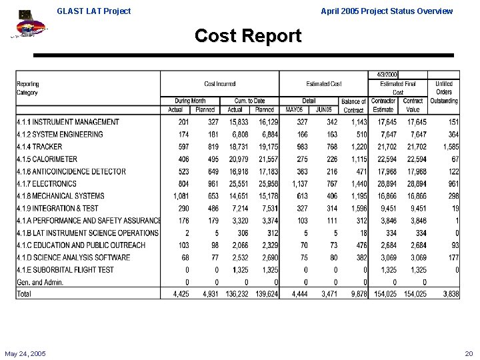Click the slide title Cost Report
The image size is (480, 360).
tap(248, 36)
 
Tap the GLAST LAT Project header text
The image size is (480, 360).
tap(94, 11)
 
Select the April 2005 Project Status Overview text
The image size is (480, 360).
tap(387, 11)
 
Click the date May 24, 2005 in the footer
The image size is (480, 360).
tap(25, 353)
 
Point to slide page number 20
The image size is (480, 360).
tap(468, 353)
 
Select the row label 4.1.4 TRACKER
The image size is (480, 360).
tap(39, 147)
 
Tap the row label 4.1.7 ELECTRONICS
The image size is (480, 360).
tap(47, 183)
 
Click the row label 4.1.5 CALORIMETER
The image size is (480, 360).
tap(47, 159)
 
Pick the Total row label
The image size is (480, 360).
tap(24, 294)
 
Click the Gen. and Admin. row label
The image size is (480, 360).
tap(38, 282)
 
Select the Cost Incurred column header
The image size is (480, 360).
tap(219, 84)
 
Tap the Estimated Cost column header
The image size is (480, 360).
tap(324, 84)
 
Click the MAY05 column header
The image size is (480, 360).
tap(295, 109)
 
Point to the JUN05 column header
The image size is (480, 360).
tap(325, 109)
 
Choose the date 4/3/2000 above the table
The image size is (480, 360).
tap(387, 75)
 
